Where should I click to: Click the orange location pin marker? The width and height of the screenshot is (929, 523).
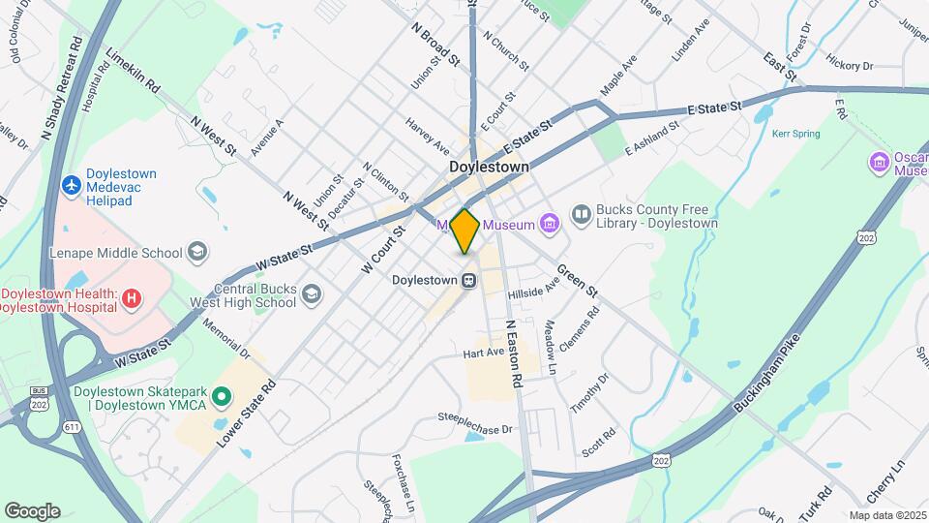[464, 231]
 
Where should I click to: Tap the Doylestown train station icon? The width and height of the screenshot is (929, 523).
[468, 280]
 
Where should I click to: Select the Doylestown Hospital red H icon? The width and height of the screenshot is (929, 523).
[132, 300]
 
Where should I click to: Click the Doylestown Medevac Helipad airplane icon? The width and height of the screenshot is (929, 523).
[71, 184]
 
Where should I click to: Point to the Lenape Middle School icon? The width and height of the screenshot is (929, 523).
[197, 253]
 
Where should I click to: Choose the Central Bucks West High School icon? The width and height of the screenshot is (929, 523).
[311, 293]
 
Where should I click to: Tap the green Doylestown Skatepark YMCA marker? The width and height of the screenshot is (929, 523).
[222, 396]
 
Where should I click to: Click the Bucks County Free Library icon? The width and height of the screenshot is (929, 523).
[581, 215]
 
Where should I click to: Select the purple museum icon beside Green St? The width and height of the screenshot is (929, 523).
[550, 225]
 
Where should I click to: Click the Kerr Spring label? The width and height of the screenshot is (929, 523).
[795, 134]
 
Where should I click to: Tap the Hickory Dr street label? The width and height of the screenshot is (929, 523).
[850, 66]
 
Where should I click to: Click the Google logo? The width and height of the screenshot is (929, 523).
[32, 510]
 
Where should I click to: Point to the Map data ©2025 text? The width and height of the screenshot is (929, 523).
[887, 515]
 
